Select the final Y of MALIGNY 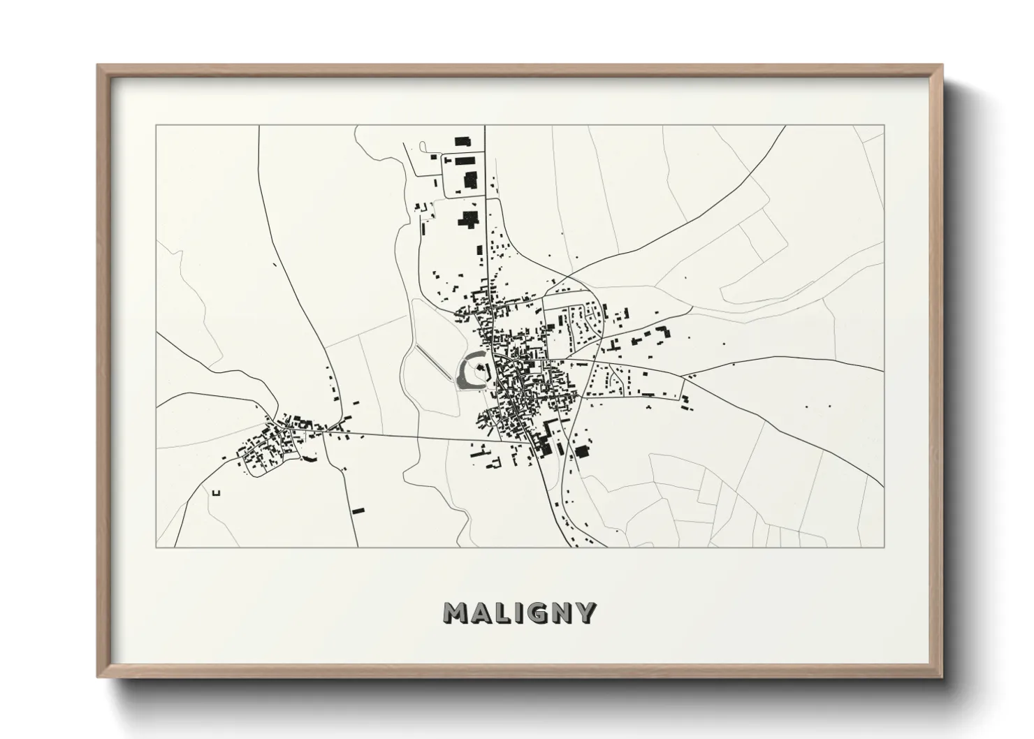pos(585,613)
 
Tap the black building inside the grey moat pos(481,367)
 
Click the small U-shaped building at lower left pos(216,493)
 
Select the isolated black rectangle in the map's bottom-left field pos(359,511)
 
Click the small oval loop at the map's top pos(423,145)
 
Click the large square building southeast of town pos(581,451)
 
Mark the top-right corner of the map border pos(884,126)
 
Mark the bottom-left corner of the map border pos(156,547)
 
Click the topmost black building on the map pos(460,141)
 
